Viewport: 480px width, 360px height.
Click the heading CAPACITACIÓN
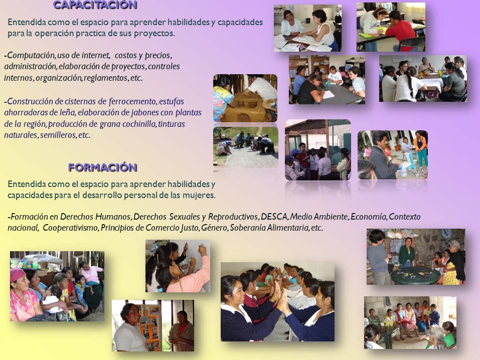coord(95,5)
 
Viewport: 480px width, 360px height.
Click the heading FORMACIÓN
coord(102,167)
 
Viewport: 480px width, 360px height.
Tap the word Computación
coord(31,56)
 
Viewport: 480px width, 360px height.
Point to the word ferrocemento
coord(133,101)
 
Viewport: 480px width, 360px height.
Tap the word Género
coord(215,228)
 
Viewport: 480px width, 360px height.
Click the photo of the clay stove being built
coord(245,98)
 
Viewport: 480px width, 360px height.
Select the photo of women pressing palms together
coord(277,302)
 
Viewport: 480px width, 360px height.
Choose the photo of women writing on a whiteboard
coord(178,266)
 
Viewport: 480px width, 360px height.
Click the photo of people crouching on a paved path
coord(246,147)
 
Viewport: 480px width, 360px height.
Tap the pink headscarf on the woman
coord(18,274)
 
